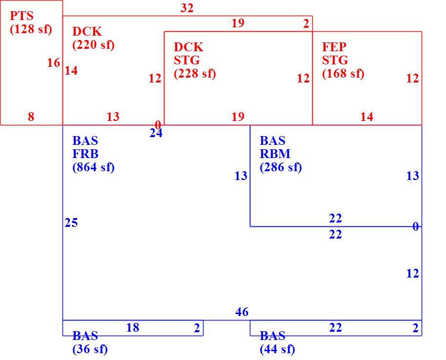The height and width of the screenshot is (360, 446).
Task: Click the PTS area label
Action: pyautogui.click(x=21, y=16)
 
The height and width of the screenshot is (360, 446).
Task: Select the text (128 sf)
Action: pyautogui.click(x=31, y=29)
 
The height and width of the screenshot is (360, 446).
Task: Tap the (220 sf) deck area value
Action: pyautogui.click(x=94, y=45)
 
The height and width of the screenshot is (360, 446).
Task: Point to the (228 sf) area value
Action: pyautogui.click(x=195, y=73)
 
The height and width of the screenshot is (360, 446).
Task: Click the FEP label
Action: pyautogui.click(x=334, y=47)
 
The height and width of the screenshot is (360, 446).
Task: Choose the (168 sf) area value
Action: pyautogui.click(x=344, y=73)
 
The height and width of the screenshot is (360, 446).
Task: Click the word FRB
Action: pyautogui.click(x=85, y=154)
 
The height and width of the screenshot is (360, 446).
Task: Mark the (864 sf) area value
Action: pyautogui.click(x=94, y=167)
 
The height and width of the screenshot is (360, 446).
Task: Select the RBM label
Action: pyautogui.click(x=275, y=154)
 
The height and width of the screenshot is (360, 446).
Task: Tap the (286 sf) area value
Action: pyautogui.click(x=281, y=167)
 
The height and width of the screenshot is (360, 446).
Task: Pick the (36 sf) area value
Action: pyautogui.click(x=90, y=349)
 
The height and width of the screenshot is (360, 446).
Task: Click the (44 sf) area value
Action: pyautogui.click(x=277, y=349)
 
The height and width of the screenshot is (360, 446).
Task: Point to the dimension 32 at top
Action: pyautogui.click(x=187, y=8)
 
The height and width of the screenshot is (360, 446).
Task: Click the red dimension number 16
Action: pyautogui.click(x=54, y=63)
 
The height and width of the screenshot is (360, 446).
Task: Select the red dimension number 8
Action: pyautogui.click(x=31, y=117)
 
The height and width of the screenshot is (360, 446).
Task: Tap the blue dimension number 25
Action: pyautogui.click(x=71, y=222)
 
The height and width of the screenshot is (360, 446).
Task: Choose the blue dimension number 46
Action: pyautogui.click(x=242, y=312)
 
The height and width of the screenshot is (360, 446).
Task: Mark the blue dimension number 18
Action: pyautogui.click(x=133, y=328)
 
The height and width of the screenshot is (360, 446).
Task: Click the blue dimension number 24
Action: pyautogui.click(x=156, y=133)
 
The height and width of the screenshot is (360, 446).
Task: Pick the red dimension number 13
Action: pyautogui.click(x=113, y=117)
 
